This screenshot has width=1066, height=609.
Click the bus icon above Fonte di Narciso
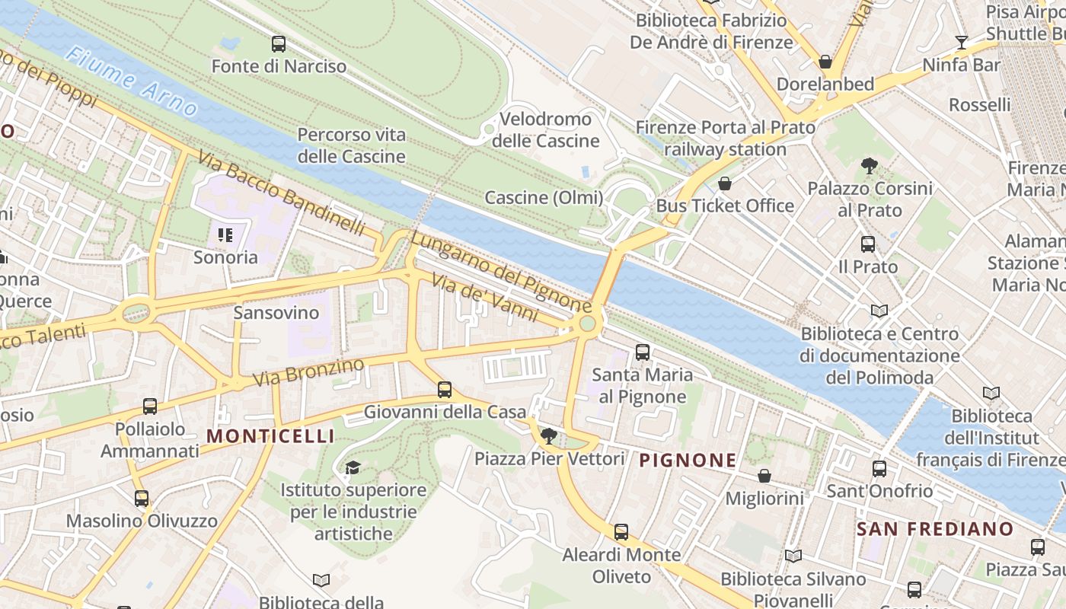tap(279, 44)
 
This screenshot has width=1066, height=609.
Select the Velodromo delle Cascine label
tap(545, 130)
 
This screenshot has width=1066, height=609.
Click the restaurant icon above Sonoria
tap(225, 235)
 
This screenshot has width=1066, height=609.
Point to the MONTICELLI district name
tap(270, 436)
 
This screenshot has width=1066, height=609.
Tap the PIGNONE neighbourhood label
tap(688, 461)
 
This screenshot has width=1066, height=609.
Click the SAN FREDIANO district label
tap(935, 529)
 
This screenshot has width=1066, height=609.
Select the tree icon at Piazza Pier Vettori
tap(548, 436)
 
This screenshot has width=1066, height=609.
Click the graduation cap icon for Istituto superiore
tap(352, 467)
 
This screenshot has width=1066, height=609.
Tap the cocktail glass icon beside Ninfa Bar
tap(962, 43)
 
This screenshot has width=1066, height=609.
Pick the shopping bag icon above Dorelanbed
tap(825, 62)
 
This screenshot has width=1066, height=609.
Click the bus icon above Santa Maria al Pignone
tap(643, 352)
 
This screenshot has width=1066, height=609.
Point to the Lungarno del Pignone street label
tap(501, 272)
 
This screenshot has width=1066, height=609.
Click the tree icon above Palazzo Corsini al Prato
tap(869, 165)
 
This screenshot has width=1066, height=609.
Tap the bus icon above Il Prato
tap(868, 244)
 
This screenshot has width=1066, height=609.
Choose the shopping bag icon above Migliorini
tap(764, 476)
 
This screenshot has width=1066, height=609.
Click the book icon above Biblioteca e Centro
tap(879, 311)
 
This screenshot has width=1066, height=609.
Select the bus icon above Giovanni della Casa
tap(445, 390)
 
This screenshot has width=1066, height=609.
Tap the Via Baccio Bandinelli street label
tap(281, 194)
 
